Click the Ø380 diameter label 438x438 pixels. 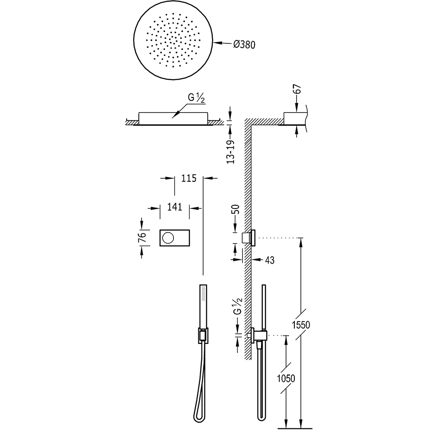[244, 44]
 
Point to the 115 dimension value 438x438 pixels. [189, 178]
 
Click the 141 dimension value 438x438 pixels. [175, 207]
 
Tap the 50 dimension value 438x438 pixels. [237, 209]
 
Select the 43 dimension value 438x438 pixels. [269, 260]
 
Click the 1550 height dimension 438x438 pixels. [301, 325]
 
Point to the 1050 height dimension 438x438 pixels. [286, 378]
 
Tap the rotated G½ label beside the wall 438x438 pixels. [237, 307]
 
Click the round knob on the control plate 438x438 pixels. [168, 238]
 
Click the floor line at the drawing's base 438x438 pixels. [295, 428]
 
